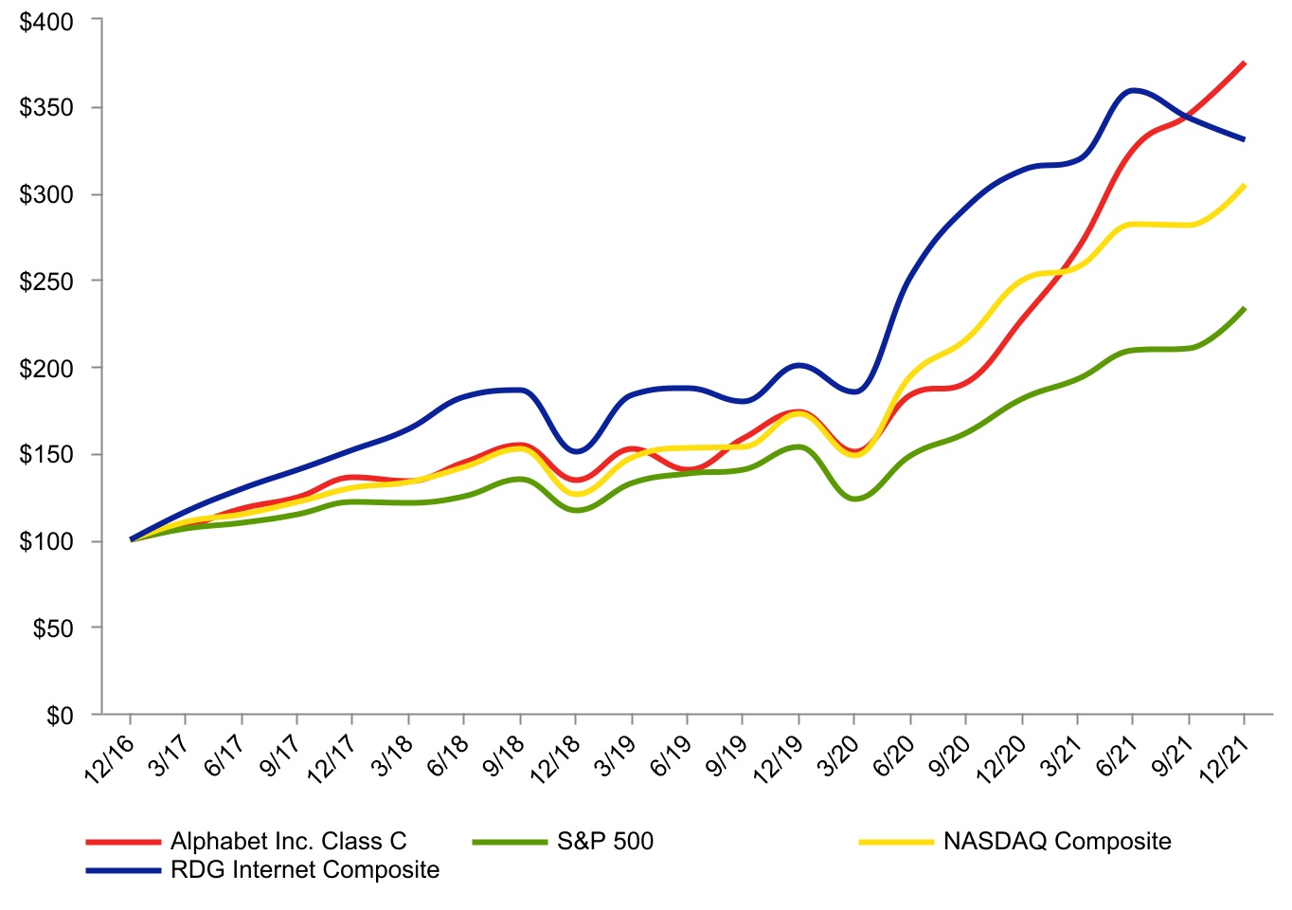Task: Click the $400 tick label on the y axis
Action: [x=46, y=21]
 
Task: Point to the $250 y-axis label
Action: [x=46, y=282]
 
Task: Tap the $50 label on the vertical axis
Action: [x=53, y=628]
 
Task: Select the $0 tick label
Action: [x=60, y=716]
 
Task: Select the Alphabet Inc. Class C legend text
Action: [x=288, y=841]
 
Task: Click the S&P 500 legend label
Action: [x=605, y=841]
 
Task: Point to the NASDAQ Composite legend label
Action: [x=1057, y=841]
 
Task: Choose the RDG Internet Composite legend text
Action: [x=305, y=869]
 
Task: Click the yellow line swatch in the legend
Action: [x=896, y=841]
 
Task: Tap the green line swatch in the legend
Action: [x=510, y=841]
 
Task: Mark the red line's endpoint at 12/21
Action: [x=1244, y=64]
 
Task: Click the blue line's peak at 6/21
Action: [x=1133, y=90]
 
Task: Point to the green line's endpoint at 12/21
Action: [x=1244, y=308]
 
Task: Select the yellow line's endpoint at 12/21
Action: [x=1244, y=186]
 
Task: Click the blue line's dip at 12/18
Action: [x=576, y=451]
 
